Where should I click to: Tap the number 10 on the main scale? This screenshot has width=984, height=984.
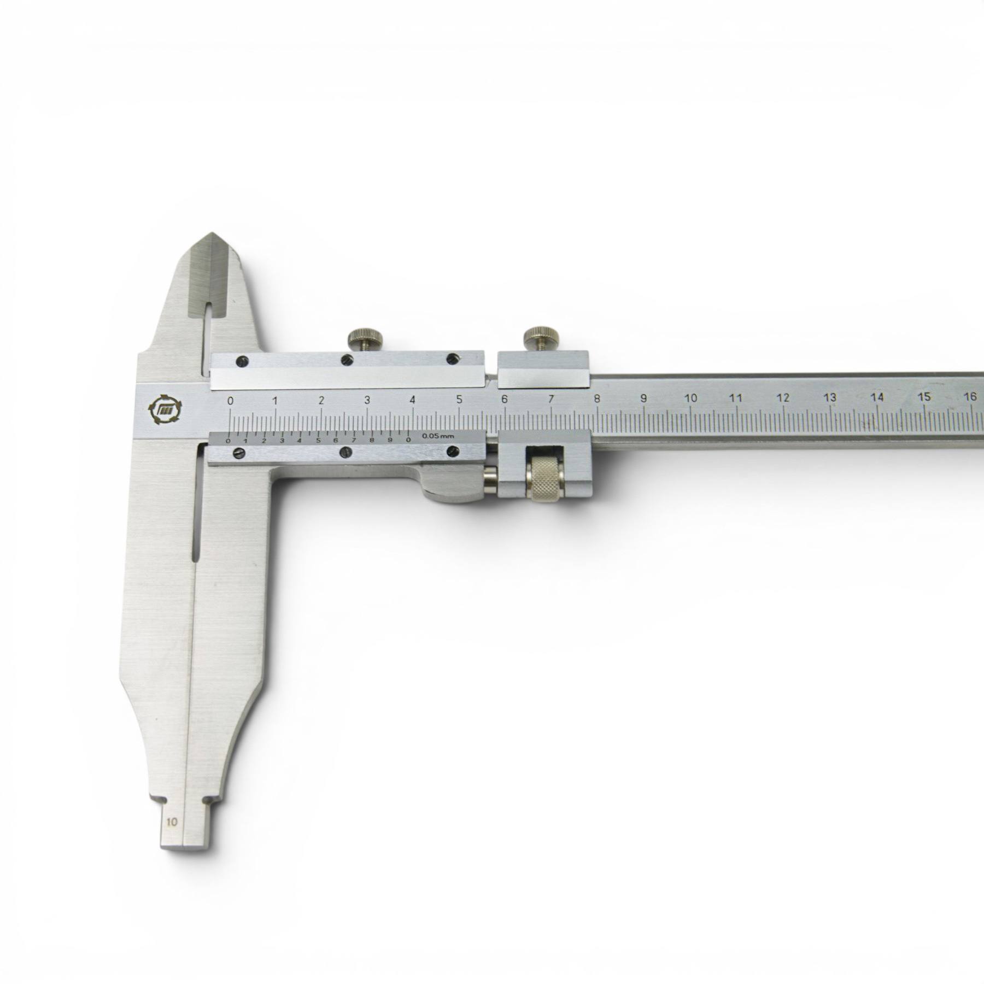click(691, 399)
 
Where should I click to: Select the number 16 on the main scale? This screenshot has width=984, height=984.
click(971, 397)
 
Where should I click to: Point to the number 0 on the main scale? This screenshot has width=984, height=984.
click(231, 401)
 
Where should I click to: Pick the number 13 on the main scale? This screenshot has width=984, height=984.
click(830, 397)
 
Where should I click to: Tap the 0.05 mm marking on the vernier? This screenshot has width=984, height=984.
click(438, 436)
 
